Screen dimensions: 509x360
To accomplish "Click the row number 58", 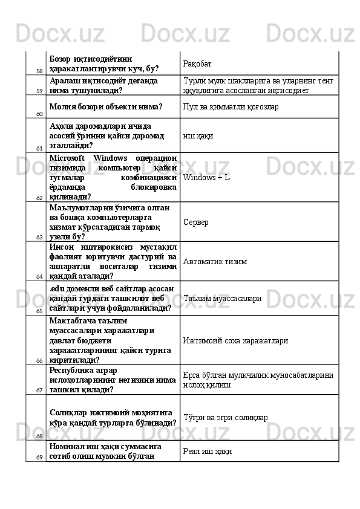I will tap(39, 71).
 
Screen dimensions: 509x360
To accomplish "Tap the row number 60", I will tap(39, 114).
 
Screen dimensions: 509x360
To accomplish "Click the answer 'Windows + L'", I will tap(206, 178).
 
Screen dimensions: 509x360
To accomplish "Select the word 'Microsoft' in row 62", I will tap(68, 158).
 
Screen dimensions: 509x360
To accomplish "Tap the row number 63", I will tap(39, 238).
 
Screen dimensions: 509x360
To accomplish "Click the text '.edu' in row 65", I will tap(57, 288).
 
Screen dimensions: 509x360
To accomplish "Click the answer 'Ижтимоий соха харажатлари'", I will tap(235, 341).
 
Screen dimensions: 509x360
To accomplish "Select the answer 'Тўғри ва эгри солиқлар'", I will tap(226, 417).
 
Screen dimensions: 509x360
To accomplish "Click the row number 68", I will tap(39, 436).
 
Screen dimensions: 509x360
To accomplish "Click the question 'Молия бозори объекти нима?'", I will tap(106, 107).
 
